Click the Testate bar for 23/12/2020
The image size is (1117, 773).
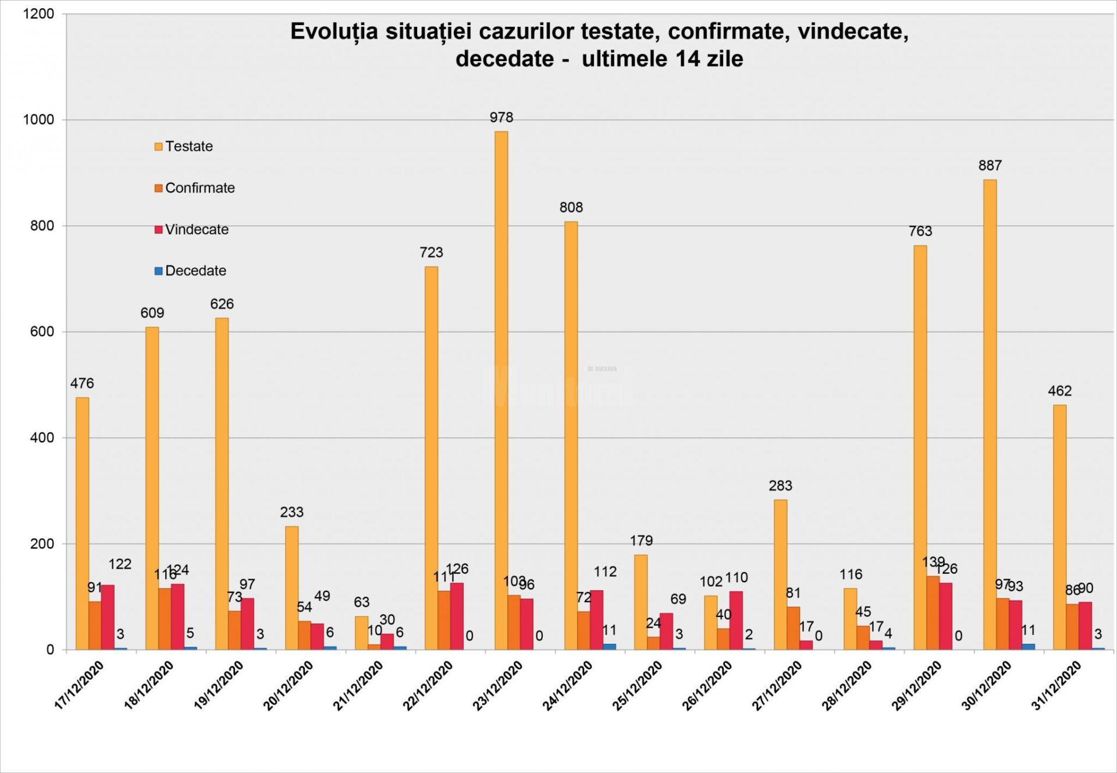pyautogui.click(x=501, y=390)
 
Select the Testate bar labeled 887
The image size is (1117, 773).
pyautogui.click(x=990, y=414)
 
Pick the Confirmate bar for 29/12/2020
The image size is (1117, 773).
pyautogui.click(x=933, y=612)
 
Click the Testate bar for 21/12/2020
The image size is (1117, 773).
pyautogui.click(x=361, y=633)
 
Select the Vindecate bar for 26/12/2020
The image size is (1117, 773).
pyautogui.click(x=736, y=620)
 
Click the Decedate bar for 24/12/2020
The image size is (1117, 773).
pyautogui.click(x=609, y=646)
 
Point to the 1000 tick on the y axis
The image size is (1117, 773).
pyautogui.click(x=38, y=120)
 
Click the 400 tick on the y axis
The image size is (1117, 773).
pyautogui.click(x=42, y=438)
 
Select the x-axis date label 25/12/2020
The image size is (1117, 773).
pyautogui.click(x=638, y=686)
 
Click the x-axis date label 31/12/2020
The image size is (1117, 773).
pyautogui.click(x=1056, y=686)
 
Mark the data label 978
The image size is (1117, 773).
pyautogui.click(x=501, y=118)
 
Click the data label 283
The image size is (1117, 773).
pyautogui.click(x=780, y=485)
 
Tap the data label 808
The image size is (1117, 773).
pyautogui.click(x=571, y=207)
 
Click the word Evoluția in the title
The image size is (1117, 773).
pyautogui.click(x=334, y=32)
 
